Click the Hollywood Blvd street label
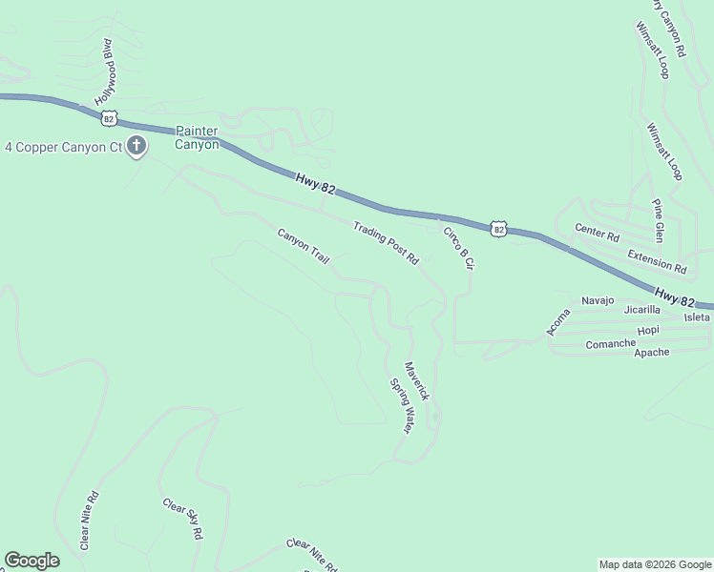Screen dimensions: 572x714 tap(104, 71)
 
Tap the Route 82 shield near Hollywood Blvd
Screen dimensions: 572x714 tap(110, 117)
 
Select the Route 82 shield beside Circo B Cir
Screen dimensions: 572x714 tap(498, 229)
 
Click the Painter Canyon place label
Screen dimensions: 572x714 tap(197, 138)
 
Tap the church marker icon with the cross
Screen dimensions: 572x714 tap(136, 147)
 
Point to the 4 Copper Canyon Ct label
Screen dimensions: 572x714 tap(64, 148)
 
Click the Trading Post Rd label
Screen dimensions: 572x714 tap(386, 242)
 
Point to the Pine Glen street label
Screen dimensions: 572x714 tap(658, 220)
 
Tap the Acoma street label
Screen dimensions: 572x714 tap(557, 321)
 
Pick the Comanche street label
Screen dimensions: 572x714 tap(611, 343)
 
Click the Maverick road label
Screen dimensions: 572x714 tap(417, 380)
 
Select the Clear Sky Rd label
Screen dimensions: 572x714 tap(183, 520)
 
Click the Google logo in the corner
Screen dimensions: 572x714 tap(31, 561)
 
